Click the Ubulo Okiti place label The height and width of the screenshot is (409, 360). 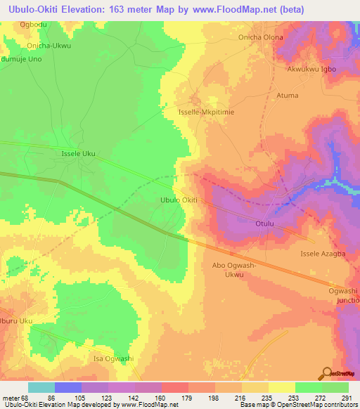click(x=179, y=200)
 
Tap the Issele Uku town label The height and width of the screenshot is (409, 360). click(x=78, y=152)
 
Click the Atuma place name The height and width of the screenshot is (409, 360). click(x=288, y=96)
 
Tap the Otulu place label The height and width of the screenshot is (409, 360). click(x=264, y=224)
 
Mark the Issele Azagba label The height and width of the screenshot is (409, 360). click(x=323, y=253)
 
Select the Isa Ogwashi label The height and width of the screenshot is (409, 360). click(x=113, y=358)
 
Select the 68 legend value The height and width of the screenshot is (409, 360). click(x=29, y=398)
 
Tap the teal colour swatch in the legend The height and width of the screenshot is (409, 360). click(x=41, y=387)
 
